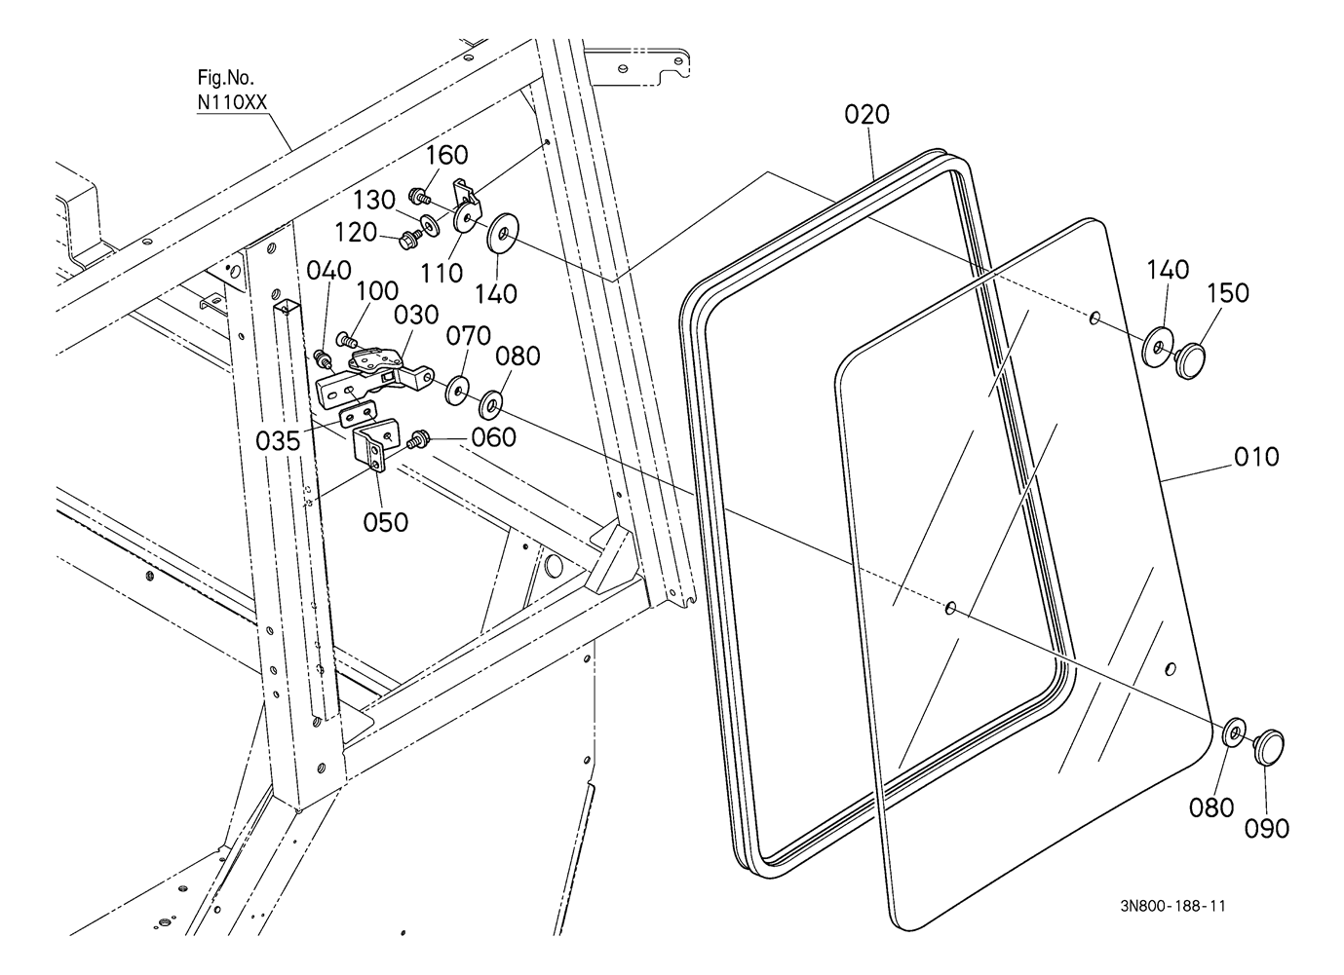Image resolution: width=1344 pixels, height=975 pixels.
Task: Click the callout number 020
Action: [866, 115]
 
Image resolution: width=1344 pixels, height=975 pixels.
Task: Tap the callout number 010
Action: [1256, 457]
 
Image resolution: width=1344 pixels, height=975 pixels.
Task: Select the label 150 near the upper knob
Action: [1228, 293]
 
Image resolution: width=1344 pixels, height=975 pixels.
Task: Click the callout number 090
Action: [1267, 829]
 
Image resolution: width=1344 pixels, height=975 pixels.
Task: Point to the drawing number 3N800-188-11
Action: [1173, 907]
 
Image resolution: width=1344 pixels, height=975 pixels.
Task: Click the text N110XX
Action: [232, 103]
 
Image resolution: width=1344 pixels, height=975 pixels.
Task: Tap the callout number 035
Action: [278, 442]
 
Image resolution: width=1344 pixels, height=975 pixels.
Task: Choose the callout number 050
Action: [385, 523]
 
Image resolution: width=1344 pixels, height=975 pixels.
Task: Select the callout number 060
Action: [493, 437]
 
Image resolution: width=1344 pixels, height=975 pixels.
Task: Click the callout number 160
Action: [446, 155]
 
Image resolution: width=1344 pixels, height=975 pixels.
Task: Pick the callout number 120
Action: [355, 233]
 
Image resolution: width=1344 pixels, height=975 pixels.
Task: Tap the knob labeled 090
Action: [1267, 747]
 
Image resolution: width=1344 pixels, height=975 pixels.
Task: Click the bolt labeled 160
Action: [419, 196]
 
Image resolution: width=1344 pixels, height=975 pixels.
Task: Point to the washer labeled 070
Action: [458, 391]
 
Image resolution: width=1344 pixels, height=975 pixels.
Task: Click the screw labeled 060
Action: [417, 440]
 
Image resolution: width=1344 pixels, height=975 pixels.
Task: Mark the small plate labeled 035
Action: [359, 414]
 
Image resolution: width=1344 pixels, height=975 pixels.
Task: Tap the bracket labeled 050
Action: [374, 446]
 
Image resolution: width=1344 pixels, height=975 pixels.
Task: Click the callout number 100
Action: [377, 291]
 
